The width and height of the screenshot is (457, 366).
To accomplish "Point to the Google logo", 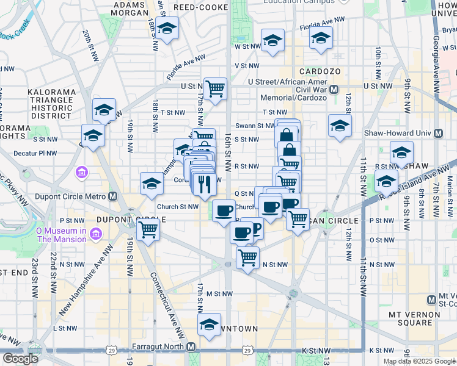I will (x=20, y=358).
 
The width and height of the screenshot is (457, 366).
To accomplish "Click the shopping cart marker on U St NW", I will (x=215, y=89).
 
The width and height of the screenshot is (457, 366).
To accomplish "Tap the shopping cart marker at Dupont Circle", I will (x=148, y=231).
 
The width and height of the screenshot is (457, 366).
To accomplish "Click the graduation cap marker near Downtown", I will (x=209, y=325).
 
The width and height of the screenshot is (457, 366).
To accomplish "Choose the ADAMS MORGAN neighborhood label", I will (x=130, y=8).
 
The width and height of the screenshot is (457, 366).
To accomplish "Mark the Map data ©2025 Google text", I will (x=419, y=361).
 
